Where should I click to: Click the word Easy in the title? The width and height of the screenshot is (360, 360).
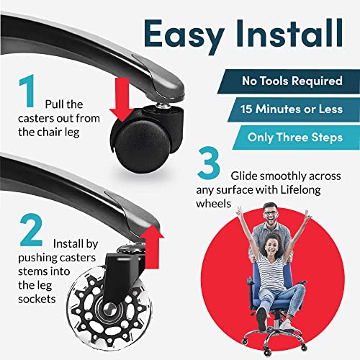pos(184,36)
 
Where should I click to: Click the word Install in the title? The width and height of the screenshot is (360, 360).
pos(289,33)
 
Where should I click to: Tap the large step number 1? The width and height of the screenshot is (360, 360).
pos(27,91)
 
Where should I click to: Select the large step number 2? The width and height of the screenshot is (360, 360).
pos(32,230)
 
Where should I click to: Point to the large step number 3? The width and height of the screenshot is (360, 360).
pos(209,163)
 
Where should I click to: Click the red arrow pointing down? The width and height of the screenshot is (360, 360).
pos(122,99)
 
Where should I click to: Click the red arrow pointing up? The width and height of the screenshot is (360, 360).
pos(152,247)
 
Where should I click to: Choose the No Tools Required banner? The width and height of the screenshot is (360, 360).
pos(289,81)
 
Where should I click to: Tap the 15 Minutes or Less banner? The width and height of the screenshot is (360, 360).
pos(294,109)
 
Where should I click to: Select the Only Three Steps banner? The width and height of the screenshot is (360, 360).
pos(296,138)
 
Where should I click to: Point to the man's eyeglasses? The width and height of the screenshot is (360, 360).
pos(271,213)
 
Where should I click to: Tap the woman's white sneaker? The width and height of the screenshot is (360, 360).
pos(287,325)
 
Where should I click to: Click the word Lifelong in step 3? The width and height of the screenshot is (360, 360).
pos(301,190)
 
